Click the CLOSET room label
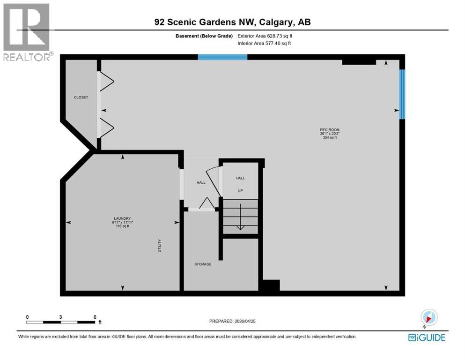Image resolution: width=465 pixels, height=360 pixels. click(81, 97)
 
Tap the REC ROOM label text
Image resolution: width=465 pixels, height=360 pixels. click(329, 130)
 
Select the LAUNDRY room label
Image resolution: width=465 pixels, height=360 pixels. click(122, 218)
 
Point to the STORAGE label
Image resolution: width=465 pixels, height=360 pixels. click(203, 264)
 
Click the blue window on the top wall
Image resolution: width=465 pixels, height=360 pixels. click(222, 57)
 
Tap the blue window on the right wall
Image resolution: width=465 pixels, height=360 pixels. click(402, 94)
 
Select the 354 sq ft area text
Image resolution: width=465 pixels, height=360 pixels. click(330, 138)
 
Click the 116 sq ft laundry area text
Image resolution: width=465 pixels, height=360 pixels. click(122, 226)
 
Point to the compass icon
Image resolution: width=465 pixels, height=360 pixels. click(428, 318)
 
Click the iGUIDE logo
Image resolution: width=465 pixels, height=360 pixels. click(427, 337)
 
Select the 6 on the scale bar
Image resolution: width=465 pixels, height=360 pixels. click(95, 317)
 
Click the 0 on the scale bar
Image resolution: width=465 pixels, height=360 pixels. click(28, 317)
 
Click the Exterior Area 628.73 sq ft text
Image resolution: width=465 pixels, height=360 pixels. click(267, 36)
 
